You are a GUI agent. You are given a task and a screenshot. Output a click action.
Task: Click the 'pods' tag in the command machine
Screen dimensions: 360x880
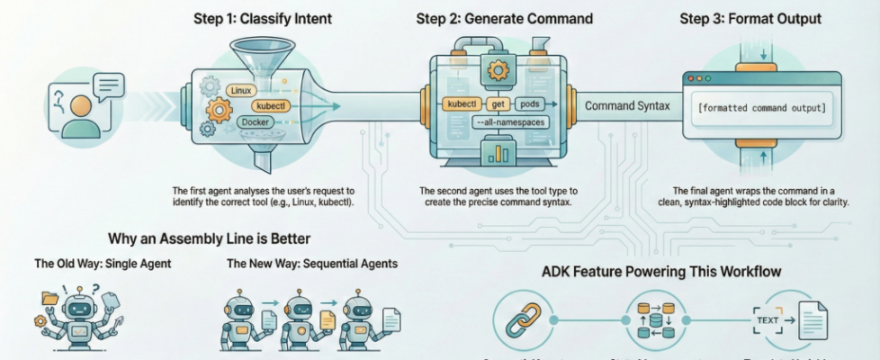[x=530, y=104]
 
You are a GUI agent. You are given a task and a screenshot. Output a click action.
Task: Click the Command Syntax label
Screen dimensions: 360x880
[x=627, y=107]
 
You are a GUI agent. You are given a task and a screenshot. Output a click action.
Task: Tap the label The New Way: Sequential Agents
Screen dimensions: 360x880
[x=311, y=265]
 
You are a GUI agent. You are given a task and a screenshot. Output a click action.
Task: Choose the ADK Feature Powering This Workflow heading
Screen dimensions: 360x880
[x=661, y=271]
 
